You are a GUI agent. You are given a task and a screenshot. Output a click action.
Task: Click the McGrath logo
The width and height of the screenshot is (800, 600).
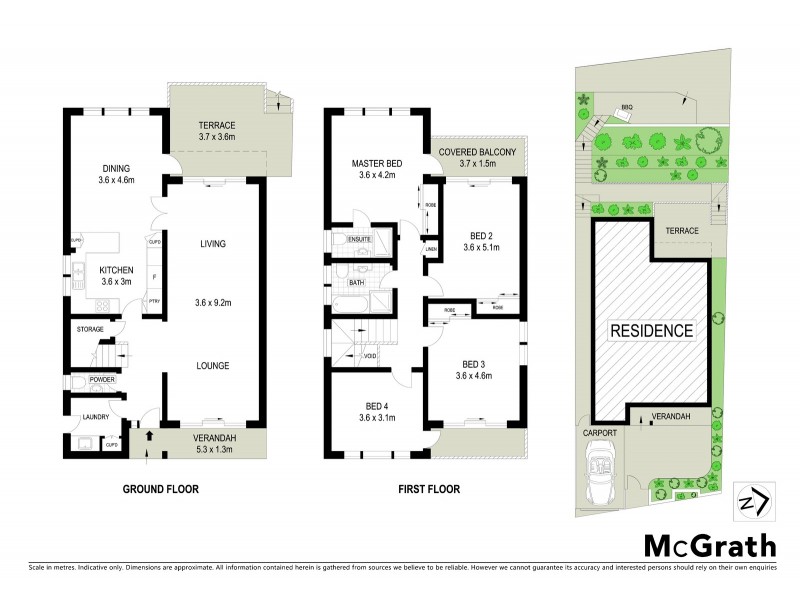click(709, 545)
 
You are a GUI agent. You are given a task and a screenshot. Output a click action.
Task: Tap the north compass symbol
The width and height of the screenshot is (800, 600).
click(753, 499)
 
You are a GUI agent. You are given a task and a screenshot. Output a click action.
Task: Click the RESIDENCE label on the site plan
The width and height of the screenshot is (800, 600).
click(652, 330)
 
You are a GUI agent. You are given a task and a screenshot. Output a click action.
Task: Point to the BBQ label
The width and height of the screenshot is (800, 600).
click(627, 106)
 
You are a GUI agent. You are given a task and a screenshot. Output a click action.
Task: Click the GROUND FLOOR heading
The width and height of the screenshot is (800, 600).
click(160, 489)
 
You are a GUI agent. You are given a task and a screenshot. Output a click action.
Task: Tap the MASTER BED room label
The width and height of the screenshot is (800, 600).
click(377, 163)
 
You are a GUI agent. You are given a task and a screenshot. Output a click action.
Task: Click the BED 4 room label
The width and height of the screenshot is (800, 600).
click(377, 406)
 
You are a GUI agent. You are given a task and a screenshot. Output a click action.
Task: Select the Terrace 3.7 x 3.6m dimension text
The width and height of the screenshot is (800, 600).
click(215, 137)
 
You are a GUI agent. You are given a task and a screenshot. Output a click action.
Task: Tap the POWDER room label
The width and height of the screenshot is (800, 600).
click(103, 380)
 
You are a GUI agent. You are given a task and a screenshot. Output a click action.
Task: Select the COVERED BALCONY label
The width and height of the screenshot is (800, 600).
click(477, 152)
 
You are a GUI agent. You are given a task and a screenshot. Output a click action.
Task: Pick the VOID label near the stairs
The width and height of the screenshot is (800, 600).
click(369, 355)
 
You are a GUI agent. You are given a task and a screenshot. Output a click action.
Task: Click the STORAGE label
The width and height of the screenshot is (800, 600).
click(92, 328)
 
